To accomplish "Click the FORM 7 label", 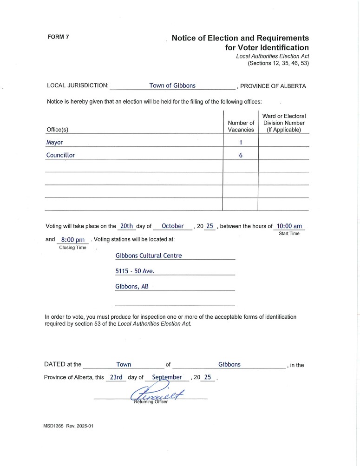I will (58, 37).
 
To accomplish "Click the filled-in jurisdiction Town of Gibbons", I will (172, 85).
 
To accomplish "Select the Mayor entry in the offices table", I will (54, 142).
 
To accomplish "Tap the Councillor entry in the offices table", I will (60, 155).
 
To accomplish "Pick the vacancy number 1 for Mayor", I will (241, 143).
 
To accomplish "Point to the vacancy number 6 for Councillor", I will (241, 156).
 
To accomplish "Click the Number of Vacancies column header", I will (241, 126).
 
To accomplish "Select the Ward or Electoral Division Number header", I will (284, 123).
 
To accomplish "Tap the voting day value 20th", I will (126, 226).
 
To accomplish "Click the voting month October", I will (173, 226).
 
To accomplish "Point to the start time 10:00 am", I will (289, 226).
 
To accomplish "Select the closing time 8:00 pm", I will (73, 240).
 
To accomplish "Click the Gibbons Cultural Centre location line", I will (149, 256).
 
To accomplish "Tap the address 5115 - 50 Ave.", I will (135, 271).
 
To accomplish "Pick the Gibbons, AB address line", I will (132, 287).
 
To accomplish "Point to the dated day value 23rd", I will (116, 377).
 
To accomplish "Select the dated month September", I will (167, 377).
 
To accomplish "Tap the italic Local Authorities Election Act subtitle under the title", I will (272, 56).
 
